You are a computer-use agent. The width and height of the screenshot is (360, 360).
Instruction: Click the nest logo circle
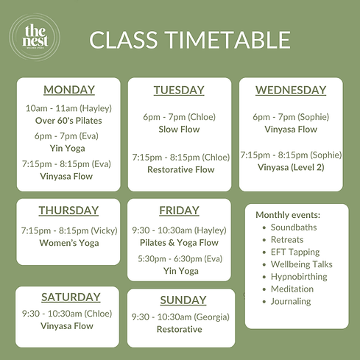pos(35,38)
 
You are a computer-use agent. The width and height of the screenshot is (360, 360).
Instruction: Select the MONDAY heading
pos(69,90)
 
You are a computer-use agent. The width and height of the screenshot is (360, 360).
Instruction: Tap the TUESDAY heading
pos(179,90)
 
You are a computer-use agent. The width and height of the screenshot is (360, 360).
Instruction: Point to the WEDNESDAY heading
pos(291,90)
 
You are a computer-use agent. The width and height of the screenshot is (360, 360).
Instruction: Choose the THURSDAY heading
pos(68,210)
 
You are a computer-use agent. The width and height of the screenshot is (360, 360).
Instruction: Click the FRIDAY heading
pos(179,210)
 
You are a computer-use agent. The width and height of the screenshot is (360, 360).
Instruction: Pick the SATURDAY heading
pos(71,297)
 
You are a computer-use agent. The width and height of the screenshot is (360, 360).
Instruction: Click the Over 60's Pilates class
pos(69,120)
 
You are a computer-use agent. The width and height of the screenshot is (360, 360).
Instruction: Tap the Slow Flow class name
pos(179,129)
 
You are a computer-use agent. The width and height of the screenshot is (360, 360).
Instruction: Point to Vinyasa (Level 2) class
pos(291,167)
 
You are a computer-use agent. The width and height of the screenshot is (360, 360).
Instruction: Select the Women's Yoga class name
pos(68,244)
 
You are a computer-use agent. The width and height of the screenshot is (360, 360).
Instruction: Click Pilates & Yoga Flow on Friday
pos(179,242)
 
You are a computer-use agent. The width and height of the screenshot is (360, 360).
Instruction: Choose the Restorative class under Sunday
pos(179,329)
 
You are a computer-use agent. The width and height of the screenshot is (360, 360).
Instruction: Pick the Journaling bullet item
pos(291,301)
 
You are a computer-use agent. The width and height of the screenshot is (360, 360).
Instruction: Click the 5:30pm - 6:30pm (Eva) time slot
pos(179,258)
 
